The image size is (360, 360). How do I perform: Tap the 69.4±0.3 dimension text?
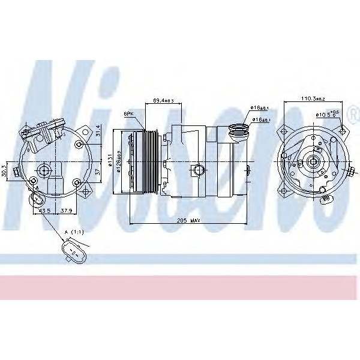click(x=163, y=100)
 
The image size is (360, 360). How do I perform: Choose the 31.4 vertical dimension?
click(x=98, y=130)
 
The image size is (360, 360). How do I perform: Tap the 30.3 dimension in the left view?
click(x=5, y=170)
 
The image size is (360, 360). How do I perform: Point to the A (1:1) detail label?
click(x=74, y=232)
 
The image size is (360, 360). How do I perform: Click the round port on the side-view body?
click(x=197, y=172)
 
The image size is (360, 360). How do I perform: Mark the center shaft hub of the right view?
click(x=312, y=161)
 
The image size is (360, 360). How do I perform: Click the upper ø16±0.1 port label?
click(x=259, y=107)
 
